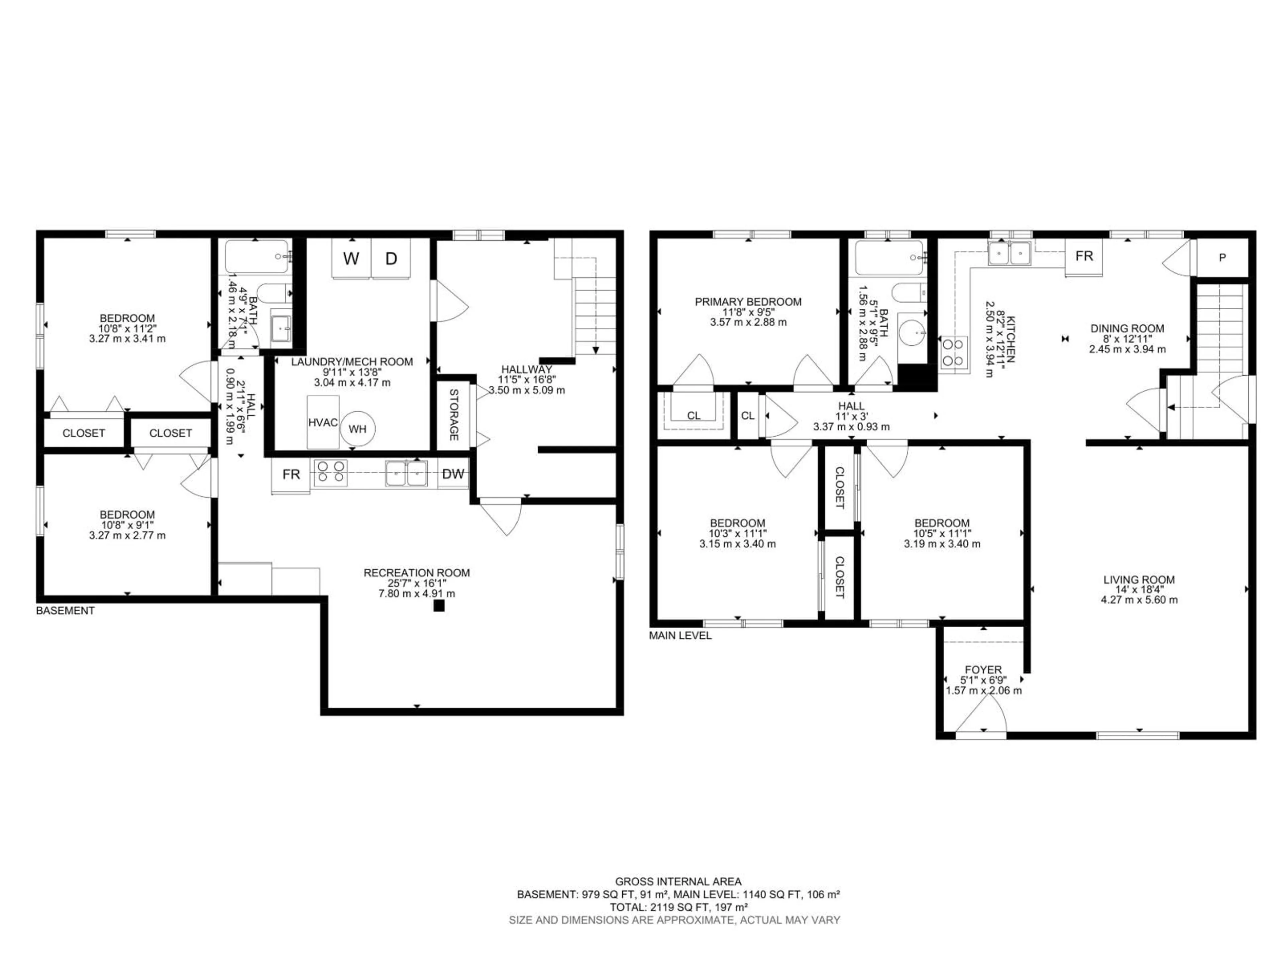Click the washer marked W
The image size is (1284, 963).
coord(351,259)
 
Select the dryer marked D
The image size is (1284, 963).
coord(391,259)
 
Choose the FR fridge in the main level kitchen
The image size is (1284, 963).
coord(1084,256)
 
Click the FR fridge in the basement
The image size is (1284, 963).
coord(291,474)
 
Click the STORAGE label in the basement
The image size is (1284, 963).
coord(454,414)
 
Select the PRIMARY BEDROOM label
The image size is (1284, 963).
coord(748,302)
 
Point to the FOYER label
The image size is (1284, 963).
coord(983,669)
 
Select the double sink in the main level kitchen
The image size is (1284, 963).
coord(1009,253)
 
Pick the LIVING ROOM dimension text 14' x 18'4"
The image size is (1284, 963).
coord(1139,590)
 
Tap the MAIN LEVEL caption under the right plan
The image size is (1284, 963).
coord(680,636)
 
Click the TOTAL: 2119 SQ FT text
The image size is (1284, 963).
coord(678,907)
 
